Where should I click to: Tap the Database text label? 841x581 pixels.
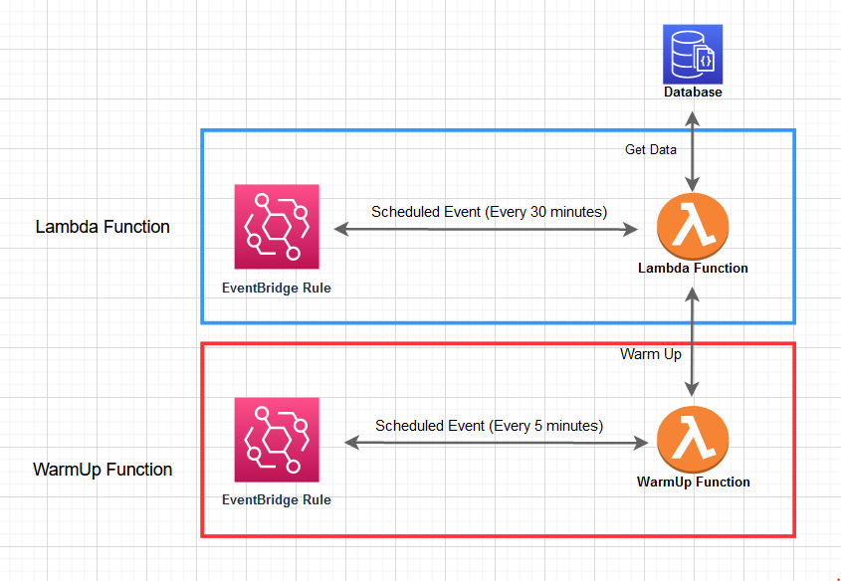tap(693, 92)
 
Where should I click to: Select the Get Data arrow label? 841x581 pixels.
tap(651, 150)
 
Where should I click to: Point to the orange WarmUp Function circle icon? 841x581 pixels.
tap(694, 439)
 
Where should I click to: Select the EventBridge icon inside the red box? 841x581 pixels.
tap(277, 440)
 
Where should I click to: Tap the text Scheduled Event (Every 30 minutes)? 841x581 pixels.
tap(489, 212)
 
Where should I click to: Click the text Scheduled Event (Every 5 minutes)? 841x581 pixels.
tap(489, 425)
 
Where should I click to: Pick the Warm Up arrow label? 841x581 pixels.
tap(651, 354)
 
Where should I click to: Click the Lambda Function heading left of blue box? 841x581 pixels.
tap(103, 227)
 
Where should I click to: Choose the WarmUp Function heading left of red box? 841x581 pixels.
tap(103, 470)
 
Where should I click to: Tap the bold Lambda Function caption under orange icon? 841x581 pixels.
tap(693, 269)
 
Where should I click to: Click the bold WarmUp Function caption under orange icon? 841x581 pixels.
tap(693, 482)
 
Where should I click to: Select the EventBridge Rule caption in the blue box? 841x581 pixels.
tap(277, 289)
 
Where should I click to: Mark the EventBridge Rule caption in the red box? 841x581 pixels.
tap(277, 500)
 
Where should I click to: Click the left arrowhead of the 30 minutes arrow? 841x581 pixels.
tap(339, 229)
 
